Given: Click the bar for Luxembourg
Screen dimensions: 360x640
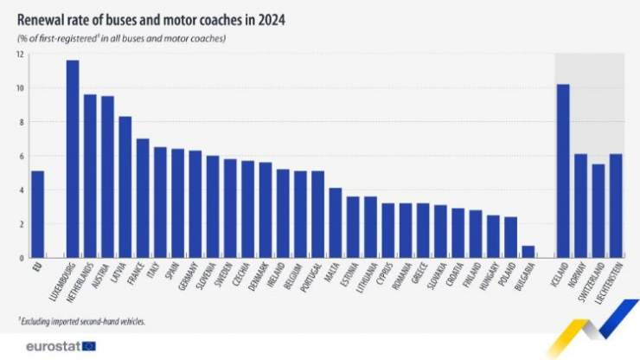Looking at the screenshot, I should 73,159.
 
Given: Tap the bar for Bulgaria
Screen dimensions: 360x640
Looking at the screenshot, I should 528,252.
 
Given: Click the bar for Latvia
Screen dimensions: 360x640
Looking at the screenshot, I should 125,187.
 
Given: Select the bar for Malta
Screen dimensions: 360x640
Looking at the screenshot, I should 336,222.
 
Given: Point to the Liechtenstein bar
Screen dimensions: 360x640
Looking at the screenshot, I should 616,206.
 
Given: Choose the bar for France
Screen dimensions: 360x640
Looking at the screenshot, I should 143,198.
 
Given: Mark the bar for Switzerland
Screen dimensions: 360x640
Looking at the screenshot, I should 598,211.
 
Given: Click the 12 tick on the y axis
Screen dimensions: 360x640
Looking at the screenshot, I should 19,55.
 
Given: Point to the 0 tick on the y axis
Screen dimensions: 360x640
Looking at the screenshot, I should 21,258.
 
